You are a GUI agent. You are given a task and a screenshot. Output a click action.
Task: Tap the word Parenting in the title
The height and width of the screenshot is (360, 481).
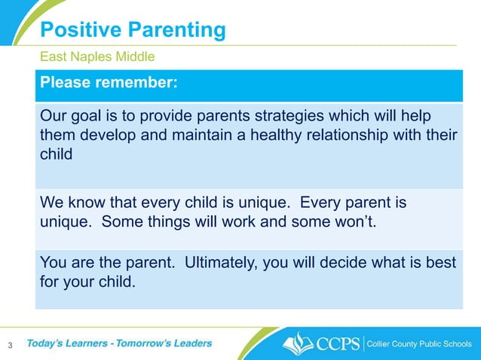[x=176, y=31]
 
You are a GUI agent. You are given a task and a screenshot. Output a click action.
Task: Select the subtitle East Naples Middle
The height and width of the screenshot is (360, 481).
[x=97, y=56]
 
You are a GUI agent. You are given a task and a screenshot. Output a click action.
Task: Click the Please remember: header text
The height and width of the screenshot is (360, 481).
[x=109, y=84]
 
